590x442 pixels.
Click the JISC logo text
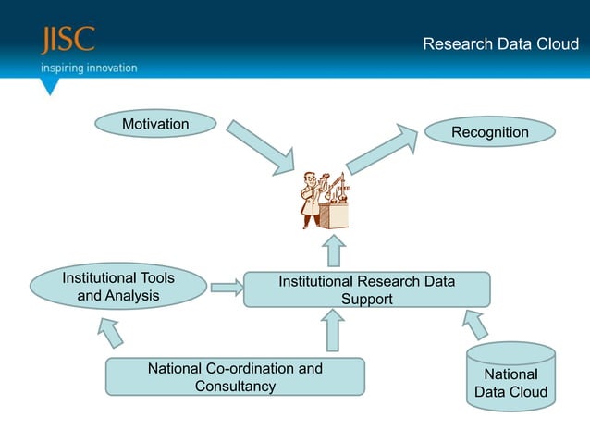(67, 42)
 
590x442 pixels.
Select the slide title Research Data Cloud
(499, 43)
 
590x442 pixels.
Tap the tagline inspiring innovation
(88, 68)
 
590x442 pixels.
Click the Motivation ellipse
(155, 124)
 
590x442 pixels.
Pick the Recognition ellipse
(489, 132)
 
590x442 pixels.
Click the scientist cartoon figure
(325, 200)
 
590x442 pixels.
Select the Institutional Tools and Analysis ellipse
(118, 287)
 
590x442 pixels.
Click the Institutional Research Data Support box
(366, 289)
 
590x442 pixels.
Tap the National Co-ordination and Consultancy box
(235, 377)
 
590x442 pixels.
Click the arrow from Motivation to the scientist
(261, 145)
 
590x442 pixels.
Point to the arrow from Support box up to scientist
(335, 251)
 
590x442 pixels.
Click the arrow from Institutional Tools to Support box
(226, 288)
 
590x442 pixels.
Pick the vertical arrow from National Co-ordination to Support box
(335, 330)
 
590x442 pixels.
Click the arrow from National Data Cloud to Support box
(474, 325)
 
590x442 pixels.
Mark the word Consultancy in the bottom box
(235, 387)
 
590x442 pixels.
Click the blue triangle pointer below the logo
(50, 86)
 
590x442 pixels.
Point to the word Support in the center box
(366, 299)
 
